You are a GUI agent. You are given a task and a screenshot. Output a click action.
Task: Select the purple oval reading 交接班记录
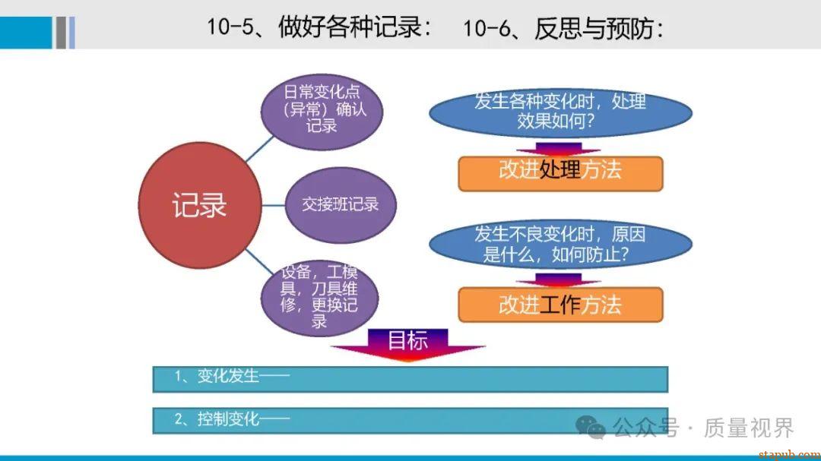pyautogui.click(x=340, y=204)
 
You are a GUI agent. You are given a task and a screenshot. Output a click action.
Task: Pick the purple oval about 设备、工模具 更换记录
pyautogui.click(x=319, y=297)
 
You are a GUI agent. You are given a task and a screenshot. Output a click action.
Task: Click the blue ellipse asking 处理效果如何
pyautogui.click(x=560, y=112)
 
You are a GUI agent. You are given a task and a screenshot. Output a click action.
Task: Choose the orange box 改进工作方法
pyautogui.click(x=560, y=305)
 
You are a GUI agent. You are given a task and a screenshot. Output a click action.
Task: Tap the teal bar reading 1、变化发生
pyautogui.click(x=410, y=378)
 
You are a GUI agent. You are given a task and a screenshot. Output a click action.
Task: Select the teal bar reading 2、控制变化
pyautogui.click(x=410, y=420)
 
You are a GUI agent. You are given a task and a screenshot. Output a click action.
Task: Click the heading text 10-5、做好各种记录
pyautogui.click(x=320, y=28)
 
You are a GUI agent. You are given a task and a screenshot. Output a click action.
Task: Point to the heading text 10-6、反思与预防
pyautogui.click(x=563, y=28)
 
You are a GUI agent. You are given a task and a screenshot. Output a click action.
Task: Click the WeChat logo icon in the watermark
pyautogui.click(x=591, y=428)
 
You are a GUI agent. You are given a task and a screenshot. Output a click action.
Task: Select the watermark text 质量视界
pyautogui.click(x=748, y=428)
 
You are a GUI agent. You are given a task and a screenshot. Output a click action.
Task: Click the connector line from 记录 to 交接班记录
pyautogui.click(x=273, y=205)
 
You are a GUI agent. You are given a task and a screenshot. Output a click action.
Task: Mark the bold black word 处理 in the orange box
pyautogui.click(x=560, y=170)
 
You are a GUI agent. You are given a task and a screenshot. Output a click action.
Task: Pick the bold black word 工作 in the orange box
pyautogui.click(x=560, y=305)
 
